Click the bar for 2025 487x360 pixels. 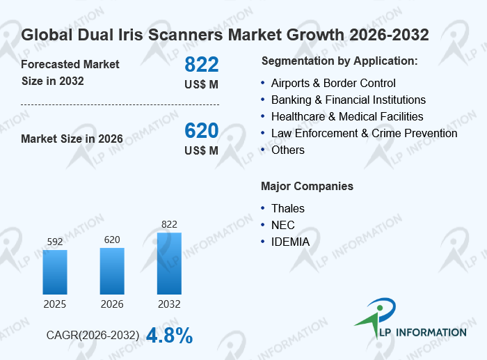click(x=55, y=272)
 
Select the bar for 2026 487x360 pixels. click(x=112, y=271)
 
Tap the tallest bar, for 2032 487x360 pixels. click(x=169, y=264)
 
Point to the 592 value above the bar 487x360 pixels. click(x=55, y=242)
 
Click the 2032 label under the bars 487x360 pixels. click(x=169, y=304)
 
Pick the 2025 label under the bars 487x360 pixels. click(x=55, y=304)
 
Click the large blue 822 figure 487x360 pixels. click(x=202, y=64)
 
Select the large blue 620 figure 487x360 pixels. click(x=202, y=131)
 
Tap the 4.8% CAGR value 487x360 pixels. click(x=170, y=336)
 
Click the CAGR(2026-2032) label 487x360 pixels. click(x=93, y=336)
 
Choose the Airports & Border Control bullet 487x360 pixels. click(x=333, y=84)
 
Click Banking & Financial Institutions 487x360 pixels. click(x=348, y=100)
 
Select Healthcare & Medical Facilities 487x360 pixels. click(x=347, y=116)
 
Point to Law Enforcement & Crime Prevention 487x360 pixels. click(x=364, y=134)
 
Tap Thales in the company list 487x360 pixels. click(x=288, y=209)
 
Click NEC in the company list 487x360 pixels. click(x=283, y=225)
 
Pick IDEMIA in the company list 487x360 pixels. click(x=290, y=242)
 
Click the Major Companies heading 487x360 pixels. click(x=308, y=186)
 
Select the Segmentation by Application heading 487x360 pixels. click(x=340, y=61)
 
